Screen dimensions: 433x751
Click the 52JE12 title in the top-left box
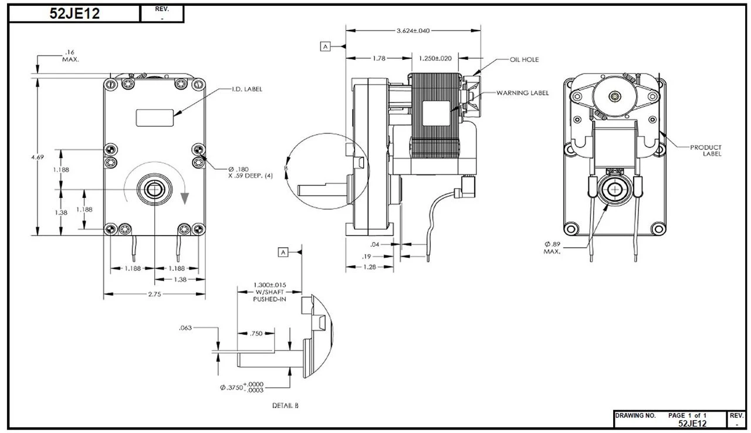coord(75,14)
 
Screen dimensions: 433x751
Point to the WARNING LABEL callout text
coord(522,93)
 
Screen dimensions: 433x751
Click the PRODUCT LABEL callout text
coord(706,150)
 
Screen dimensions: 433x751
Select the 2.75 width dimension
coord(154,294)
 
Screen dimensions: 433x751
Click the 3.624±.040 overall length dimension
coord(413,31)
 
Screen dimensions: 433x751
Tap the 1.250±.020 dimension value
coord(435,58)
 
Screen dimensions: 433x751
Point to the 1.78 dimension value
coord(378,58)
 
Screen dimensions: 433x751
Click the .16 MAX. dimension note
coord(70,56)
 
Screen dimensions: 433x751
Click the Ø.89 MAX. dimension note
coord(552,247)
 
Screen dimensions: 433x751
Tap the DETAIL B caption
coord(286,405)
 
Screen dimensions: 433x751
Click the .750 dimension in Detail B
coord(256,334)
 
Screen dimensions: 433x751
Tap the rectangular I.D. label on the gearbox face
coord(155,117)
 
